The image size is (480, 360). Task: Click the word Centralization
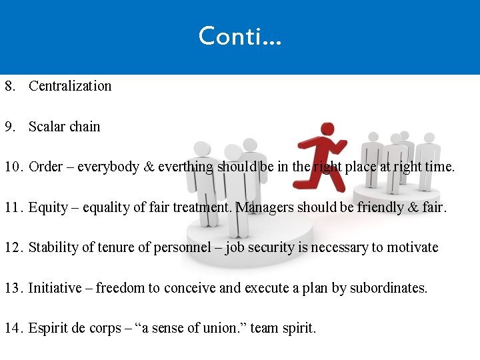coord(70,86)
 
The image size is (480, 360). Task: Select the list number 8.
coord(9,86)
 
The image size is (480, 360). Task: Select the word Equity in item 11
coord(47,207)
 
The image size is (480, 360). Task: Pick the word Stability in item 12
coord(52,247)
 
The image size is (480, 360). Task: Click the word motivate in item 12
coord(413,247)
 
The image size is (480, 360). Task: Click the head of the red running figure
coord(326,129)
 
